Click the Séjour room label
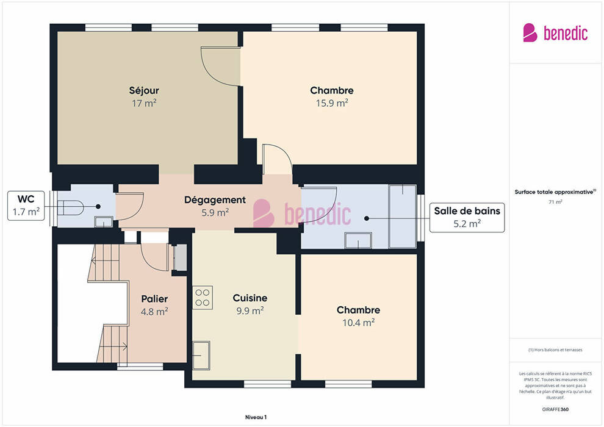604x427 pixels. [x=144, y=90]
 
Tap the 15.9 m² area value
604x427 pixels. [x=332, y=103]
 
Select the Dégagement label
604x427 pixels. [x=215, y=200]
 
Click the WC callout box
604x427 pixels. [x=26, y=206]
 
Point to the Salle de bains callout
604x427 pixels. [x=467, y=218]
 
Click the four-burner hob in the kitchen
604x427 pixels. [x=202, y=297]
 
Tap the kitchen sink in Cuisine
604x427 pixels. [x=201, y=356]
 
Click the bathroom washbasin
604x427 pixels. [x=358, y=240]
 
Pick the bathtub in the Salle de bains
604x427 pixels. [x=403, y=217]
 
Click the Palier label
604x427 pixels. [x=154, y=299]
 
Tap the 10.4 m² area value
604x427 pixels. [x=359, y=323]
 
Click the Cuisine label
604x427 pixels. [x=250, y=298]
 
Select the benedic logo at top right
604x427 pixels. [x=555, y=33]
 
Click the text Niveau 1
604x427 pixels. [x=256, y=417]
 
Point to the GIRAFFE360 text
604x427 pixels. [x=555, y=409]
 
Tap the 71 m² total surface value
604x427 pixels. [x=555, y=202]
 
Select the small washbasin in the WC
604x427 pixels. [x=104, y=222]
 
